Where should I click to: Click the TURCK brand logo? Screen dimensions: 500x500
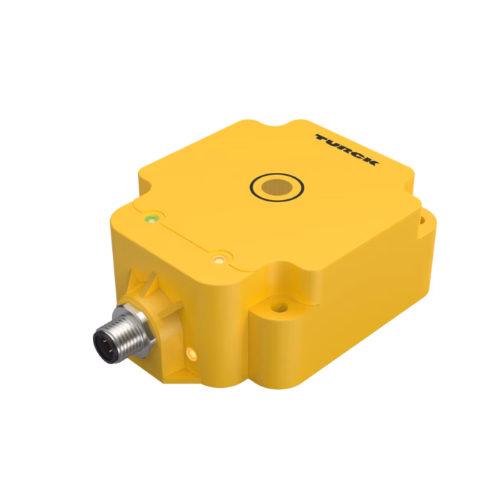coord(347,149)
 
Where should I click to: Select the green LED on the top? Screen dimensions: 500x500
coord(151,219)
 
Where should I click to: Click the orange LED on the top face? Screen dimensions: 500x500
coord(219,259)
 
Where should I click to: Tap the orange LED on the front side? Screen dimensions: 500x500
coord(192,354)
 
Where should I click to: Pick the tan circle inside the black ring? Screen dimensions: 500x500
coord(277,187)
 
